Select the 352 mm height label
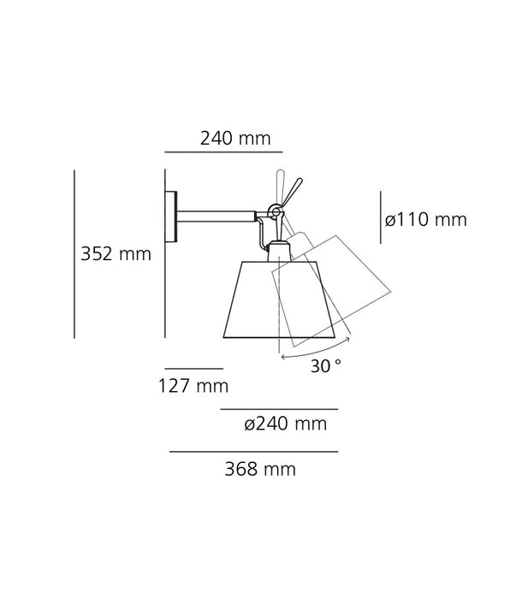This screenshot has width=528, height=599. click(x=115, y=253)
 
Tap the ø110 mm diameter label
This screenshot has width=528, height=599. click(x=425, y=220)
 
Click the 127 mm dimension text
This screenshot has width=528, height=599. click(x=193, y=386)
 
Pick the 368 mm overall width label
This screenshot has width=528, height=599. click(x=255, y=468)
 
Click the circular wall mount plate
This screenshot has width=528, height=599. click(x=173, y=217)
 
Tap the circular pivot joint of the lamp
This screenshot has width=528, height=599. click(x=274, y=211)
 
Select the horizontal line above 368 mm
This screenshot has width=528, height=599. click(x=253, y=451)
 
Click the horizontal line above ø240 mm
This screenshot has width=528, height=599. click(x=279, y=409)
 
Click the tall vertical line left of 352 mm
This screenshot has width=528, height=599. click(x=74, y=254)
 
